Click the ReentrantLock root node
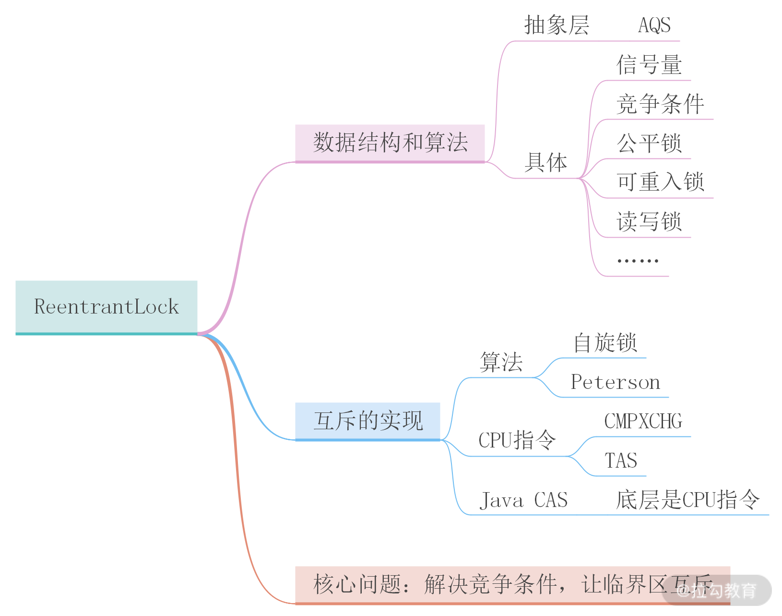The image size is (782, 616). coord(106,307)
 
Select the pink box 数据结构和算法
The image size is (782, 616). coord(390,143)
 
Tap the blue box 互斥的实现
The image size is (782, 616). coord(367,421)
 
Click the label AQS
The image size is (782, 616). coord(654,25)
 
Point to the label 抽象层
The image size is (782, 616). coord(557,25)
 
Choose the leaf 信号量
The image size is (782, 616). coord(649,65)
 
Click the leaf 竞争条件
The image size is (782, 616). coord(660,104)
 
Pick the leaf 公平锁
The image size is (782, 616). coord(649,143)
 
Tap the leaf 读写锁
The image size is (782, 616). coord(649,222)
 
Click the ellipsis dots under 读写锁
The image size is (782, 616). coord(638,261)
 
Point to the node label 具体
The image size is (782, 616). coord(545,163)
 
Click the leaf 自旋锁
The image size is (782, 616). coord(605,343)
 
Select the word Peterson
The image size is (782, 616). coord(616,382)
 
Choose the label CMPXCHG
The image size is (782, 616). coord(643,422)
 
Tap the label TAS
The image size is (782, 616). coord(621,461)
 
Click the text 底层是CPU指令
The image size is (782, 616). coord(687,500)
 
